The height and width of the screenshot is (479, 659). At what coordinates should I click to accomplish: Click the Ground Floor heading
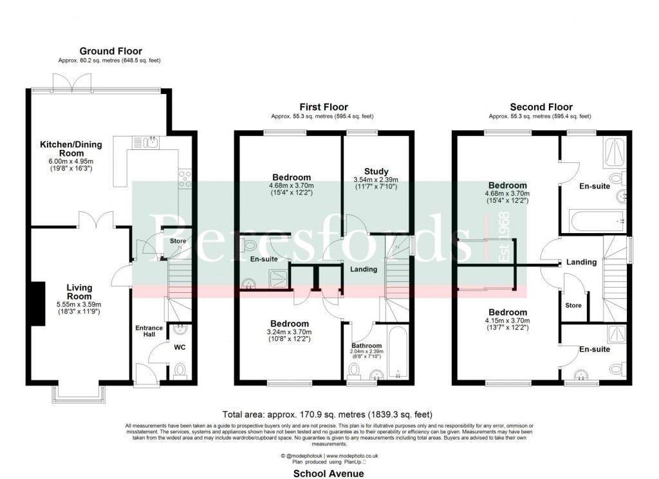(111, 52)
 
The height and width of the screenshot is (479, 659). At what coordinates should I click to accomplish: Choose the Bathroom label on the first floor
(366, 346)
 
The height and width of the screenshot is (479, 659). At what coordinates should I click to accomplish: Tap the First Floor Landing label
(364, 269)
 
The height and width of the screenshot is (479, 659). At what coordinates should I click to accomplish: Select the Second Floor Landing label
(581, 262)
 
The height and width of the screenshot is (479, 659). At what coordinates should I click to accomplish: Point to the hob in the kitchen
(185, 178)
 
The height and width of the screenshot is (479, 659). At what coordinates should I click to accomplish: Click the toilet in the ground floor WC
(180, 371)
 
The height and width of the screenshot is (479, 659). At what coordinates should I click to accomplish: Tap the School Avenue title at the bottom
(328, 473)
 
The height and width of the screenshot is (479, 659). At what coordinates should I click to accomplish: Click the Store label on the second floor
(573, 306)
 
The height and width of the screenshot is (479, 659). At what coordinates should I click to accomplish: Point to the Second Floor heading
(541, 107)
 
